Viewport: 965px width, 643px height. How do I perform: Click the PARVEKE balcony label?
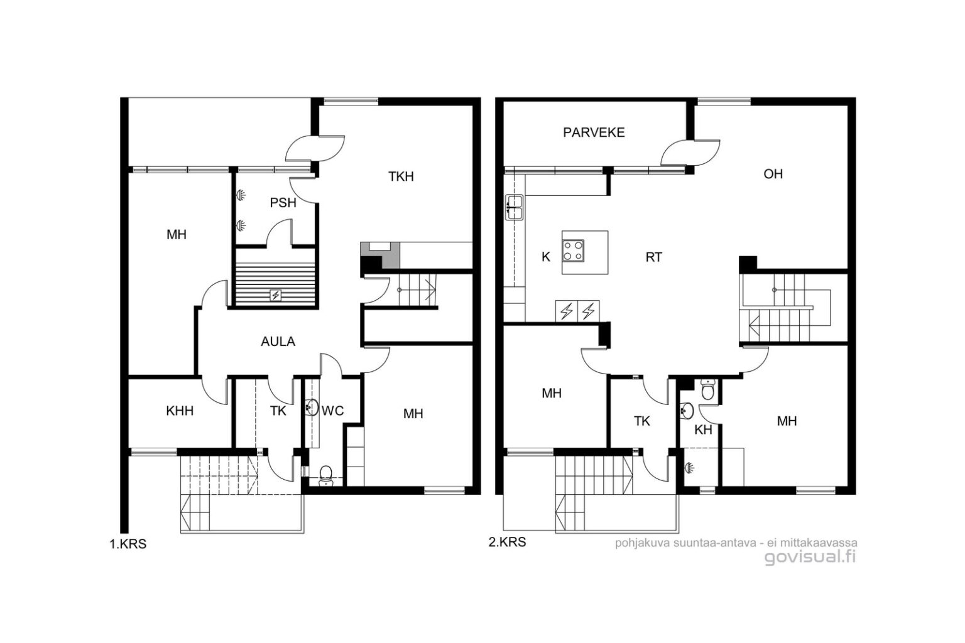[x=594, y=132]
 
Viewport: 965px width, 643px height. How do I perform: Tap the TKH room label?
[x=401, y=176]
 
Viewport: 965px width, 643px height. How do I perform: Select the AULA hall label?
[x=278, y=342]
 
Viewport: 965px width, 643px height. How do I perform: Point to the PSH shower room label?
[x=283, y=202]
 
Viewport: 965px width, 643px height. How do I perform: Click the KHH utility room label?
[x=180, y=411]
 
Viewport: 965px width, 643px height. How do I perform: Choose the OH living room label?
[x=773, y=174]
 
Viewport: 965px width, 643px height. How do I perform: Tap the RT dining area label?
[x=653, y=257]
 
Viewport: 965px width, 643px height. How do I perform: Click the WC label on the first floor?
[x=332, y=411]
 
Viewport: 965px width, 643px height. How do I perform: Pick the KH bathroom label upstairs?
[x=703, y=430]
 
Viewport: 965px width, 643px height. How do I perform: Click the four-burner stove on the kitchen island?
[x=573, y=251]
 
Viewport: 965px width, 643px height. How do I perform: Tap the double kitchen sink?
[x=514, y=207]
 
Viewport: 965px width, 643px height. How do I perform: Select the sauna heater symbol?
[x=275, y=295]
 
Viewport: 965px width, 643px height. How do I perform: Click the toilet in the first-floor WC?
[x=325, y=475]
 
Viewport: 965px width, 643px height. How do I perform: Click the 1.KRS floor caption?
[x=128, y=544]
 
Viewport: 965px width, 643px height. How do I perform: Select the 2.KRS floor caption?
[x=507, y=542]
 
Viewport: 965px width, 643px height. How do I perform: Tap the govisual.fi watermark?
[x=810, y=558]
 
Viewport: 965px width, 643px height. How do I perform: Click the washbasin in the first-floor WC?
[x=312, y=408]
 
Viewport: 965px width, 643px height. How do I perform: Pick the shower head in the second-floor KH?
[x=689, y=468]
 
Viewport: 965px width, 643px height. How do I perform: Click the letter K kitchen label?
[x=546, y=257]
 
